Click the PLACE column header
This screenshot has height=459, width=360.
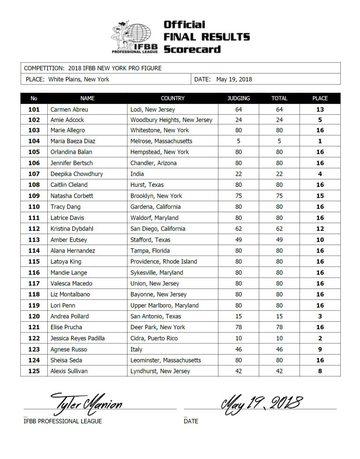[320, 98]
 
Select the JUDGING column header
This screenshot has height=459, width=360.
[238, 98]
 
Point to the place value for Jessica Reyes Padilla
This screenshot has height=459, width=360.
[320, 338]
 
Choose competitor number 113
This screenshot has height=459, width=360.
[34, 240]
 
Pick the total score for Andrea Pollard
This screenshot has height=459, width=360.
[279, 316]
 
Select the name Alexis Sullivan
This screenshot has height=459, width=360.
[70, 371]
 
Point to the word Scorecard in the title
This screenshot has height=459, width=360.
[192, 49]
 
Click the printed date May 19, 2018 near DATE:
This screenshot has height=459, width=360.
[234, 79]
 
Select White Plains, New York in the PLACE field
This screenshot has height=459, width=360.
[79, 79]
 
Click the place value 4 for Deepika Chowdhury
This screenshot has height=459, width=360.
[320, 174]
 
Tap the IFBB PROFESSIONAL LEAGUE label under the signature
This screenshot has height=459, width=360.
[62, 421]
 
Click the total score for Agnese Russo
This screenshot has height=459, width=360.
[279, 349]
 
